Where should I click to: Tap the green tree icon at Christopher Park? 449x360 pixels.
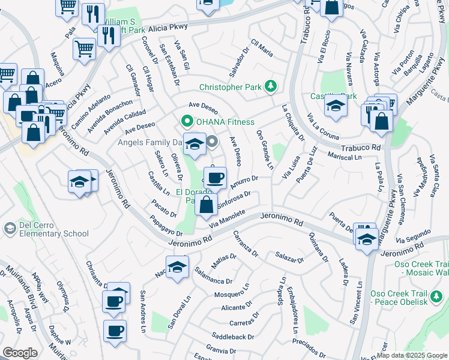[271, 86]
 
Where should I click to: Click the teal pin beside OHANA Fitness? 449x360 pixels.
[186, 122]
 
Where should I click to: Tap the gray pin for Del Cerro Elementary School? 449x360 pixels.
[8, 228]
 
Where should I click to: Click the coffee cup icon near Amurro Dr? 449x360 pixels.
[214, 178]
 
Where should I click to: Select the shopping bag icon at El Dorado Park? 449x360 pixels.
[206, 204]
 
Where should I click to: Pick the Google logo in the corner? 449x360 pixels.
[20, 353]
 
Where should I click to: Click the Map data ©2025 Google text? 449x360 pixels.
[412, 355]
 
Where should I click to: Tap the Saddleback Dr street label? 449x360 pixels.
[234, 337]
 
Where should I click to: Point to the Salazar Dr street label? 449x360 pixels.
[291, 259]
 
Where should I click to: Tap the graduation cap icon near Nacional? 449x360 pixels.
[177, 268]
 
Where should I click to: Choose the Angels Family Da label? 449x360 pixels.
[149, 142]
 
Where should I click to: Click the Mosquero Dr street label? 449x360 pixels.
[231, 295]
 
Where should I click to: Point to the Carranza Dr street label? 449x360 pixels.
[245, 245]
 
